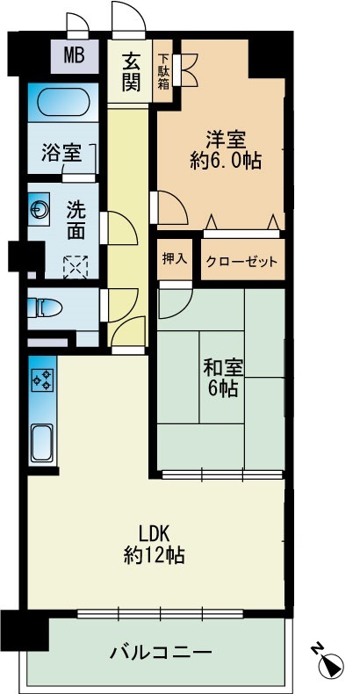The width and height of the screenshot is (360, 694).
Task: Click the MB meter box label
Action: pos(74,58)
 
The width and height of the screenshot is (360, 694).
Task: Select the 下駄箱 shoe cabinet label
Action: pos(163,72)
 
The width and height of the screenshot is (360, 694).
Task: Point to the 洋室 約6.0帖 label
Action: pos(226,149)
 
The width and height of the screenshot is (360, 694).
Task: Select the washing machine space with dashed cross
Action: pos(76,264)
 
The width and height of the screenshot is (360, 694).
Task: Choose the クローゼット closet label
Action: pos(241,261)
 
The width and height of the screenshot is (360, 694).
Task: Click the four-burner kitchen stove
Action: pos(41,380)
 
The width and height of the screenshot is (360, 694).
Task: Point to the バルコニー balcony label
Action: pos(160,654)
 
